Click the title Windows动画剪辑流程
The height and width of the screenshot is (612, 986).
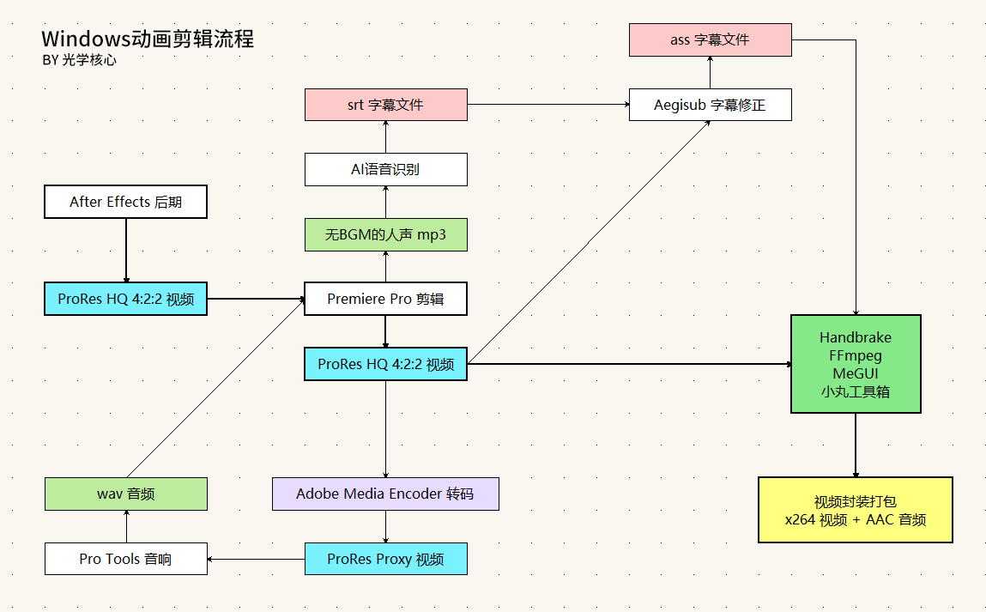(148, 39)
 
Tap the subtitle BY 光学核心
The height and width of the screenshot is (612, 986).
(78, 61)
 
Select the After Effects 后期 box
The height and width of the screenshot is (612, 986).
(125, 202)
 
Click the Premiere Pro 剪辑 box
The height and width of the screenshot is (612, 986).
(385, 299)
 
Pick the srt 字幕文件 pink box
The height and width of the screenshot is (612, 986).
(385, 105)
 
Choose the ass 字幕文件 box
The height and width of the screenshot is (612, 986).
(710, 40)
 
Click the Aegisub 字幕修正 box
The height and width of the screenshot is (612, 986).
(710, 105)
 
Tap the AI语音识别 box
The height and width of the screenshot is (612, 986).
(385, 169)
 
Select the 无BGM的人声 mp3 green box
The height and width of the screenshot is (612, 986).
(385, 234)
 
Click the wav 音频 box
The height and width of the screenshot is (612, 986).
(125, 494)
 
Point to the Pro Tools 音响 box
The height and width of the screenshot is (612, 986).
(125, 559)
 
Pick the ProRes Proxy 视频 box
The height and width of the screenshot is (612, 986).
(385, 559)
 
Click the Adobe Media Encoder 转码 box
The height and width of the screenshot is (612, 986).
(385, 494)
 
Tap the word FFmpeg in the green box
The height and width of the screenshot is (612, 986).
(855, 355)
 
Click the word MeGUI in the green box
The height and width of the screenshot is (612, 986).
(855, 373)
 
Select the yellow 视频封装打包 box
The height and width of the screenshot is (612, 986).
(855, 510)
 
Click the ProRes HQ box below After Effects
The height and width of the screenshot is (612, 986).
(125, 299)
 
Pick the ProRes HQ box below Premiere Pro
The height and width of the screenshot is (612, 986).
(385, 364)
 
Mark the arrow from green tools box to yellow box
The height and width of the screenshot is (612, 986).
(855, 445)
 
